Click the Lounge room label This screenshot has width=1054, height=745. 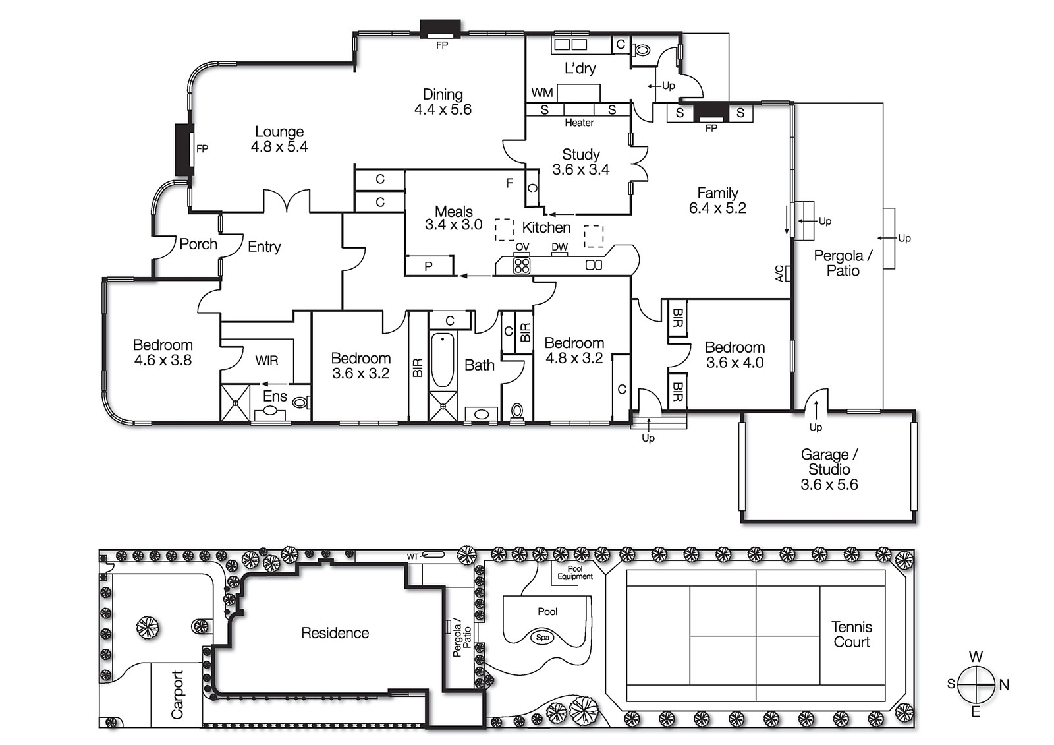279,132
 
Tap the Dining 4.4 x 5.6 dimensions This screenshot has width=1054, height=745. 443,110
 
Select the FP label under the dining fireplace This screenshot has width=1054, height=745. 442,45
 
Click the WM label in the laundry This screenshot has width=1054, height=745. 541,92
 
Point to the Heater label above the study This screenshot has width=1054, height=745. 579,123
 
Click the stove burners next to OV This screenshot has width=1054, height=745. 522,266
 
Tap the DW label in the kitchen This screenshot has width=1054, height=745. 559,247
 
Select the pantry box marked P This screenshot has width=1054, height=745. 429,266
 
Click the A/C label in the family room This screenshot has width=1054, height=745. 780,273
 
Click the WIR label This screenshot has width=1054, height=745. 267,361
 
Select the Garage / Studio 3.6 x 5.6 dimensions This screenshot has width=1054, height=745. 829,485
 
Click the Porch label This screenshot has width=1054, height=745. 198,244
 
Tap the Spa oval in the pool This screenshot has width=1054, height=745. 543,637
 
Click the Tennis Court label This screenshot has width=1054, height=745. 851,634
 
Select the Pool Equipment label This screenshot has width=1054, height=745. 574,572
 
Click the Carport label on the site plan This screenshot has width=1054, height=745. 177,694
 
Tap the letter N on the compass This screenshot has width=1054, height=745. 1004,685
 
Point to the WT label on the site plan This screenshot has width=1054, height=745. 412,557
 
